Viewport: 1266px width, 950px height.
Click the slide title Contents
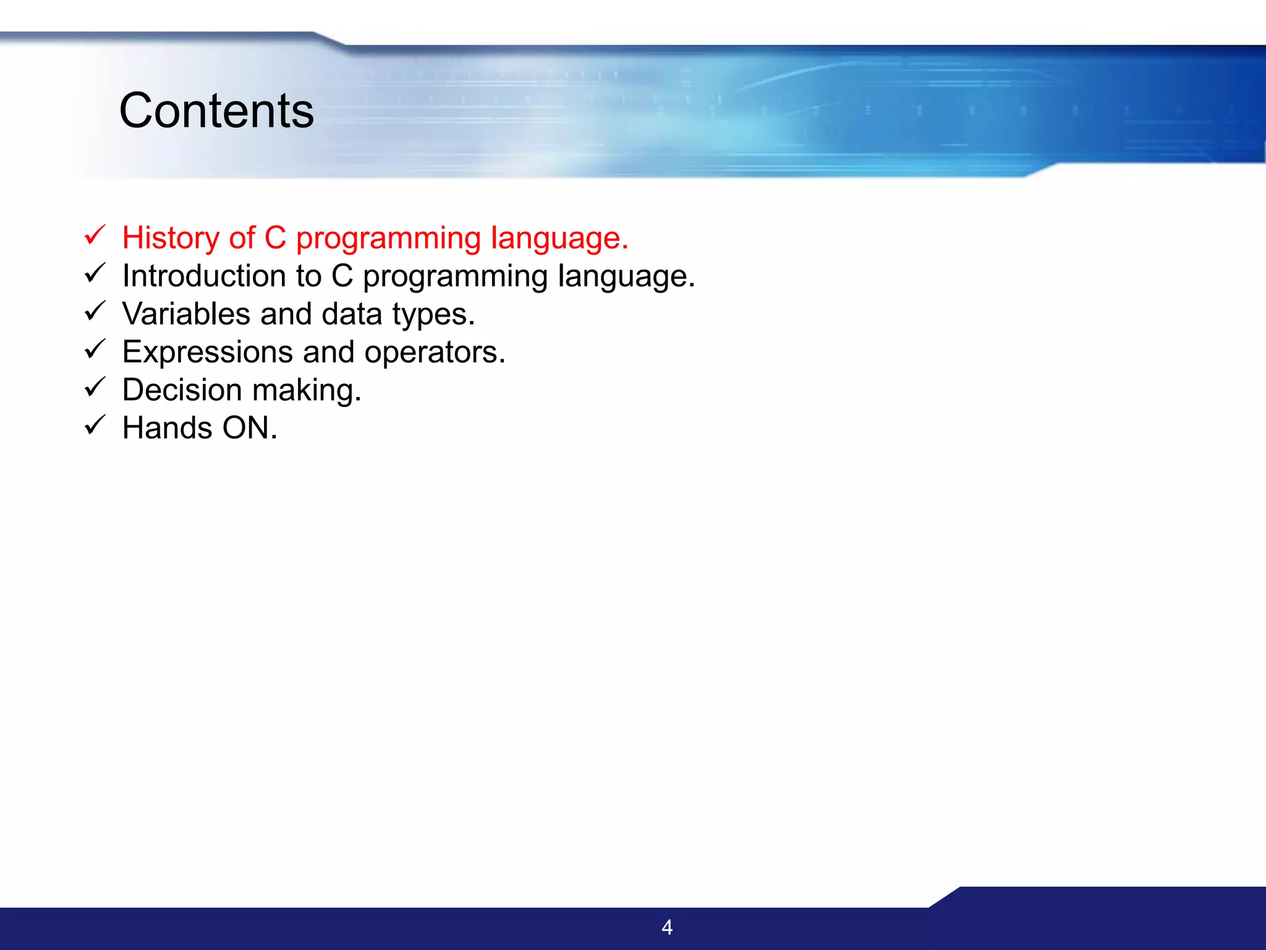pos(216,111)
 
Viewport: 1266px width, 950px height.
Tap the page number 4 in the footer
pos(667,927)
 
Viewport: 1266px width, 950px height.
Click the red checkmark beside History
pos(95,235)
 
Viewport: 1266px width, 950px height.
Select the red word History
pos(171,238)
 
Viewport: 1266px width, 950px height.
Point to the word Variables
pos(186,314)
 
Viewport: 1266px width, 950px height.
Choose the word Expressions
pos(207,352)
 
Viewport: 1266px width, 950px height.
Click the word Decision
pos(182,390)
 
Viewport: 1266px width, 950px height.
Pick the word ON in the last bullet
pos(249,428)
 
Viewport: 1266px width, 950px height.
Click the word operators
pos(434,353)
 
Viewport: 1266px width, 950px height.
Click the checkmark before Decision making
pos(95,387)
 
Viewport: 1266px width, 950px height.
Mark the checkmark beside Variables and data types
pos(95,311)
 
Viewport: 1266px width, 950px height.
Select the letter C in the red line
pos(276,238)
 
